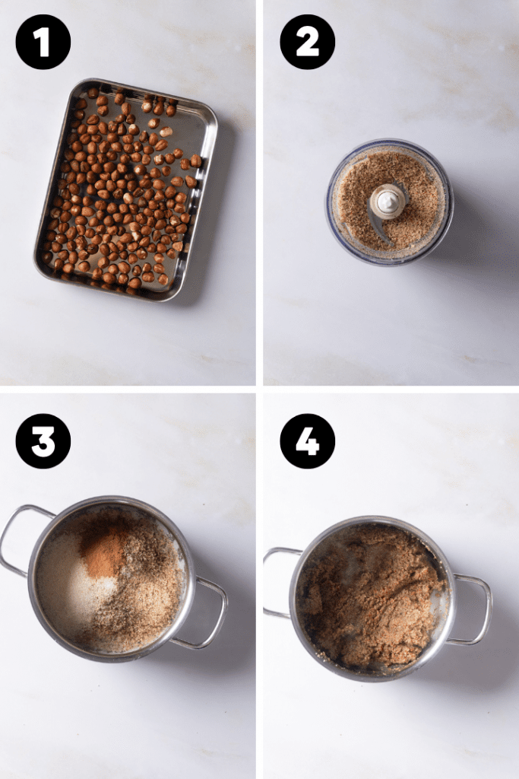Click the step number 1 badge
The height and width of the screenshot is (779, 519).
[43, 42]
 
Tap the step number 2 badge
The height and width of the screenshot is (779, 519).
[308, 42]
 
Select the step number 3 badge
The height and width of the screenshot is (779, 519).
[43, 441]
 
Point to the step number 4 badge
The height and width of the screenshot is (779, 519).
[308, 441]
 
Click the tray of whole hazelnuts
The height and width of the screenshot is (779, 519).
[125, 189]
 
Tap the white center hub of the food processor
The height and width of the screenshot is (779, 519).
[388, 201]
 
